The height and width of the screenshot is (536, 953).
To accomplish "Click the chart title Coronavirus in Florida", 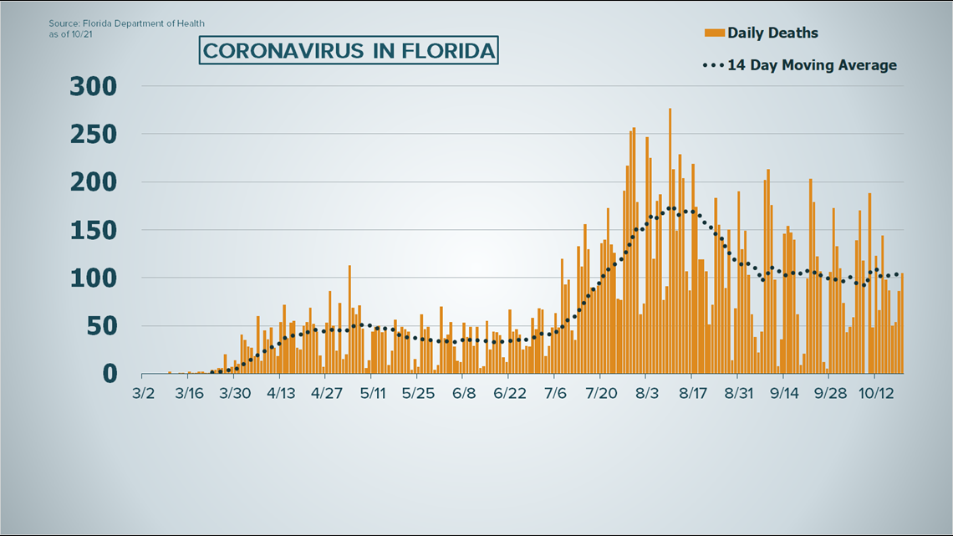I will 349,51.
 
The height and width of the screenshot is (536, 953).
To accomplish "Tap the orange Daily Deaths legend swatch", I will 714,33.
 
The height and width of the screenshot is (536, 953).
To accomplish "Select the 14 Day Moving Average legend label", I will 811,65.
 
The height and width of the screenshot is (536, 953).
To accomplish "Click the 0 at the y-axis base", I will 109,374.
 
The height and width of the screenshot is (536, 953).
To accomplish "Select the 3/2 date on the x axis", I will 143,393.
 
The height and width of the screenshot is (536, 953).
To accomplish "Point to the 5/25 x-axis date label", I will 418,393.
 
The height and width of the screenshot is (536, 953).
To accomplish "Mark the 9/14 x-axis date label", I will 783,393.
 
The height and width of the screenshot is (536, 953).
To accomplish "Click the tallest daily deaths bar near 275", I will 670,242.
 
